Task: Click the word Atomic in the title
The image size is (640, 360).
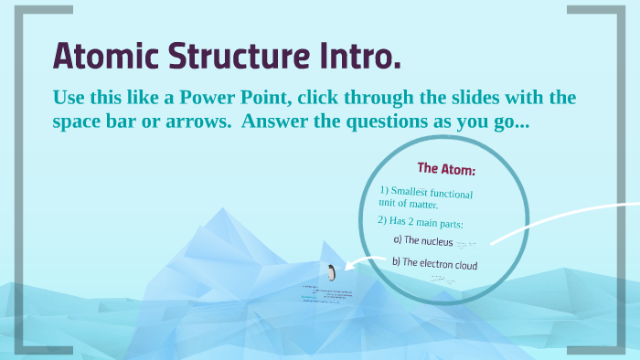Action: click(101, 56)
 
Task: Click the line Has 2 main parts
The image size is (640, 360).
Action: click(420, 222)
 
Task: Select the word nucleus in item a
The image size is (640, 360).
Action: click(433, 241)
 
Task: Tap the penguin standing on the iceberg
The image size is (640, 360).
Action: click(331, 272)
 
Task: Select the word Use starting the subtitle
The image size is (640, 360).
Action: click(69, 98)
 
